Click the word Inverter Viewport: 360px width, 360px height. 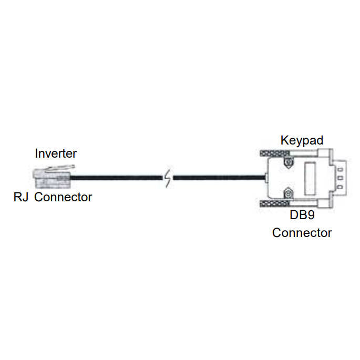pos(56,153)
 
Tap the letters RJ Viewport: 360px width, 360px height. pos(22,198)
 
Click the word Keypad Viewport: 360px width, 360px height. pos(302,140)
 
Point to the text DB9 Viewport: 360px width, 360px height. pos(302,215)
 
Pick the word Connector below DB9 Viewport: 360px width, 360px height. pos(302,232)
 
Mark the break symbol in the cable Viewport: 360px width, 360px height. pos(168,179)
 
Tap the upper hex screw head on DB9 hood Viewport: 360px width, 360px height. pos(287,163)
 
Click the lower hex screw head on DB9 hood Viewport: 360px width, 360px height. pos(287,194)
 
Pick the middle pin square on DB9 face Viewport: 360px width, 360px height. pos(340,178)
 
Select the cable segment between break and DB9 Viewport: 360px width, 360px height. pos(218,179)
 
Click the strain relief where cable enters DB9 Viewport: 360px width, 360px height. pos(265,179)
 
